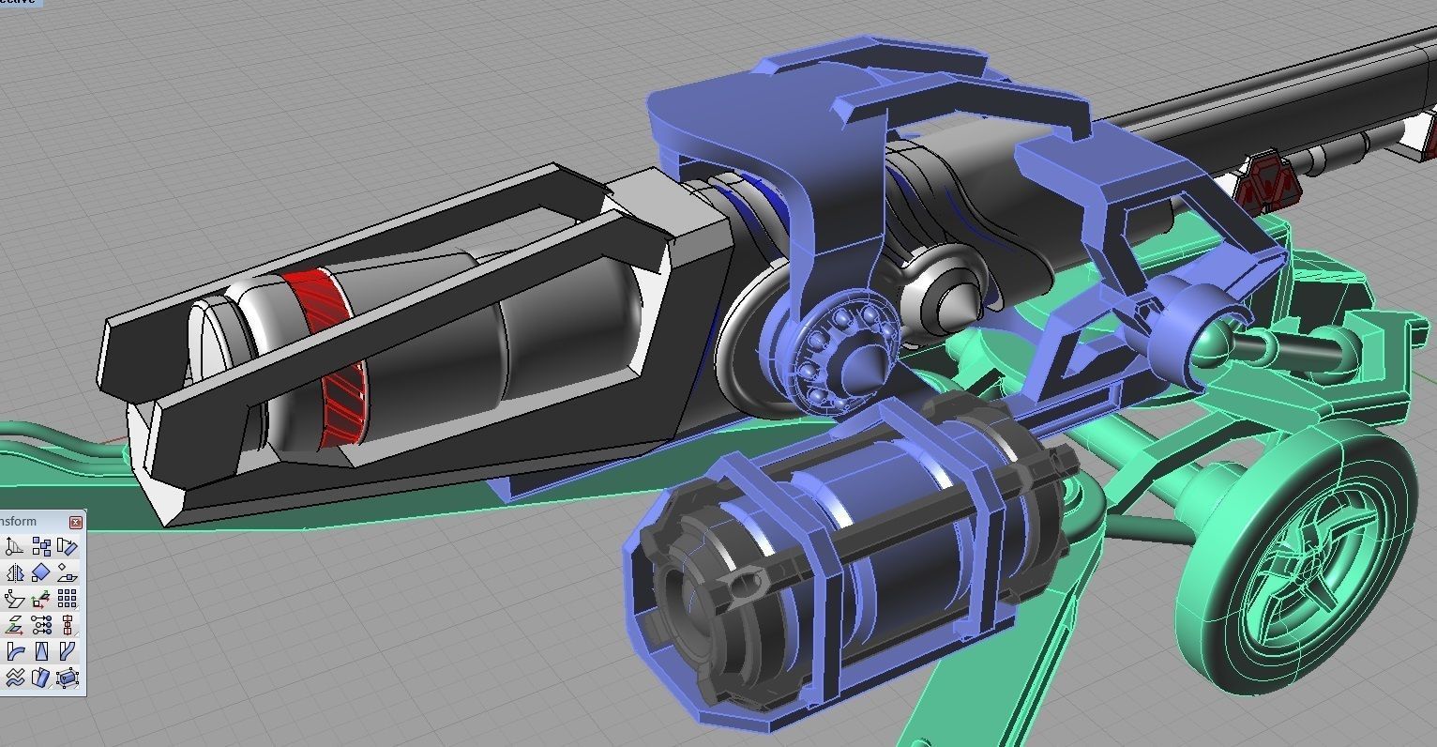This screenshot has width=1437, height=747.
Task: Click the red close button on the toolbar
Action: pyautogui.click(x=76, y=522)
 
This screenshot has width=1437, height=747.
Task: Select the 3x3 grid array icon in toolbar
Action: pyautogui.click(x=67, y=599)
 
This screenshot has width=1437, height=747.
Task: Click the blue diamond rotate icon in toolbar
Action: pyautogui.click(x=41, y=572)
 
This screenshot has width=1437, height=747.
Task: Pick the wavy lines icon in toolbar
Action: pyautogui.click(x=15, y=677)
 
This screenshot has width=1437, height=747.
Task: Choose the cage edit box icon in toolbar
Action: pyautogui.click(x=67, y=677)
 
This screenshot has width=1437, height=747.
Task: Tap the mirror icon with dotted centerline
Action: pyautogui.click(x=15, y=572)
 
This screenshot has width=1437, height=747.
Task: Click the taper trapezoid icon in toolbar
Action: pyautogui.click(x=41, y=650)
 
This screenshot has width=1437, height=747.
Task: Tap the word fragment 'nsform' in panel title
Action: pyautogui.click(x=19, y=522)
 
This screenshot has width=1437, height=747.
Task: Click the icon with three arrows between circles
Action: pyautogui.click(x=41, y=624)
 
